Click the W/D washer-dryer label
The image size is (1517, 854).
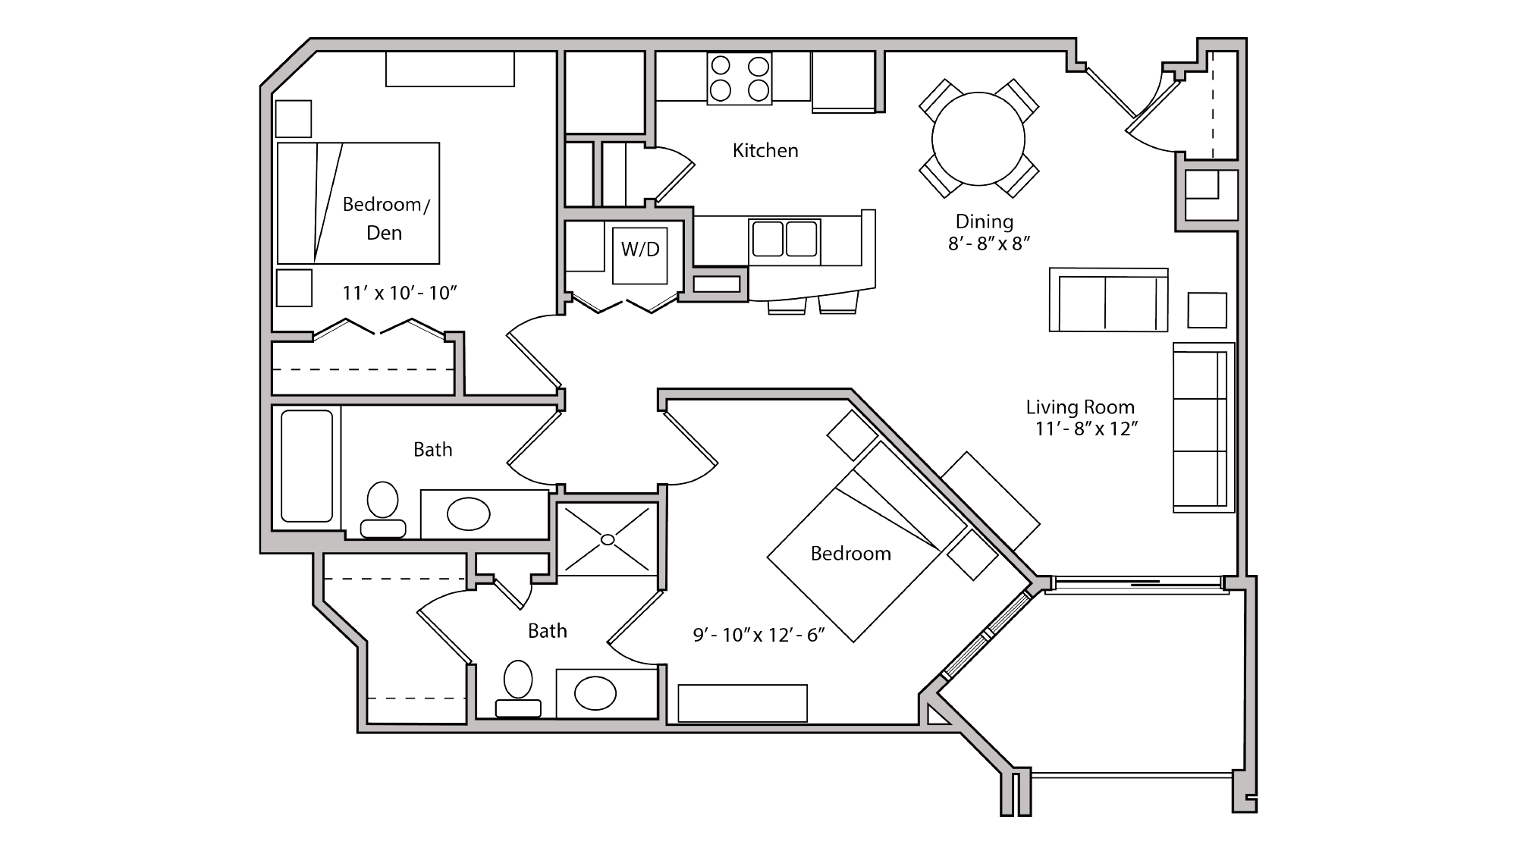click(640, 250)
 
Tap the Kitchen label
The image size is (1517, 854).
click(765, 151)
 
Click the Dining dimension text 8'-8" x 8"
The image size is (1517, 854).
click(988, 244)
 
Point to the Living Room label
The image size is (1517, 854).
click(1079, 407)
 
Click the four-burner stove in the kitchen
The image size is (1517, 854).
click(740, 79)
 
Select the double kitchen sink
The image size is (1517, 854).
click(785, 239)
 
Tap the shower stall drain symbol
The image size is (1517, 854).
click(608, 539)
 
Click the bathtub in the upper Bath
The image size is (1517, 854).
click(306, 466)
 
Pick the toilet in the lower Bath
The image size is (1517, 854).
click(519, 687)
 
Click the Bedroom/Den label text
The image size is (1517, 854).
click(385, 218)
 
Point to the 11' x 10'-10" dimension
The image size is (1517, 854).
click(399, 294)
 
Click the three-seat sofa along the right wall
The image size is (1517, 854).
click(1201, 428)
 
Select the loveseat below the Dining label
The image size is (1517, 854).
click(1108, 300)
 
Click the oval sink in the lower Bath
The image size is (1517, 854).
click(595, 693)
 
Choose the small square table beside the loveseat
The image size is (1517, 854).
click(1207, 310)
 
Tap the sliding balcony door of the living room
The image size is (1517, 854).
click(1138, 583)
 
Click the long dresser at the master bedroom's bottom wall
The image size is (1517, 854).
click(743, 703)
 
